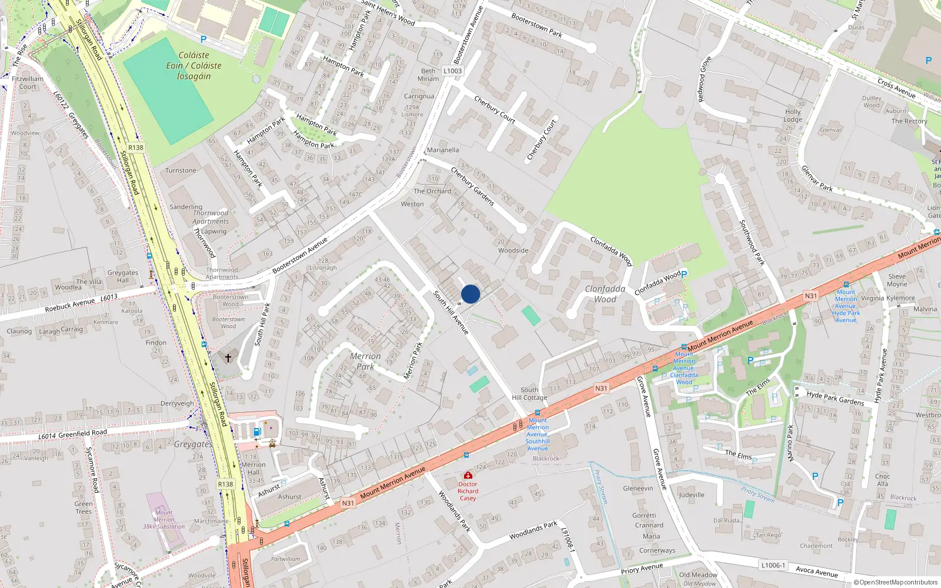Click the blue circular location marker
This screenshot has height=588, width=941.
[470, 294]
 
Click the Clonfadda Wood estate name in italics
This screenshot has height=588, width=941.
[605, 293]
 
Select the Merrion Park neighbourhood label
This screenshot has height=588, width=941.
[365, 361]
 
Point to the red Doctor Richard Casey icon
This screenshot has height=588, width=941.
[468, 475]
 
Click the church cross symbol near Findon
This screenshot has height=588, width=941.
[228, 357]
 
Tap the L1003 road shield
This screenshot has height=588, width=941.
[453, 71]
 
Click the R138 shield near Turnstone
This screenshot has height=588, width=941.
[136, 148]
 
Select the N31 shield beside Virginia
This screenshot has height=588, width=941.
[810, 296]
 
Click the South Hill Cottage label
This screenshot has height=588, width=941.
[529, 393]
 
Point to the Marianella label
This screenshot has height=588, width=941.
[443, 150]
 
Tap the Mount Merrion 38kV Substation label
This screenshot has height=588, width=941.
[164, 519]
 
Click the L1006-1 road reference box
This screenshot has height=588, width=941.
[773, 565]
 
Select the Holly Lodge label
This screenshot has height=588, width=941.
[793, 115]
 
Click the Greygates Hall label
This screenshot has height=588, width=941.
[122, 276]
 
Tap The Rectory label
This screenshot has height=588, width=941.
[909, 121]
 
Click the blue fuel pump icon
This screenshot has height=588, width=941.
[256, 432]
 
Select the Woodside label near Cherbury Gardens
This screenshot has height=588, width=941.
[513, 250]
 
